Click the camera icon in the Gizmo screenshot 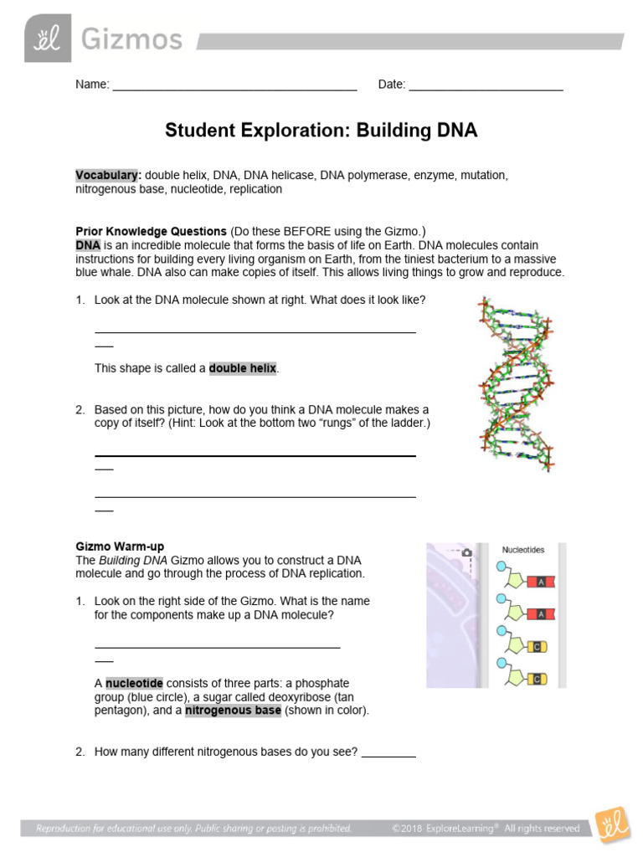[x=467, y=552]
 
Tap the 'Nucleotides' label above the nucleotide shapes [x=523, y=550]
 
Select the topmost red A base [x=541, y=582]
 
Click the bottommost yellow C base [x=539, y=678]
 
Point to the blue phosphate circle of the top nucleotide [x=501, y=567]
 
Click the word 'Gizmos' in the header [x=131, y=39]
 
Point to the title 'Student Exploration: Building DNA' [x=321, y=130]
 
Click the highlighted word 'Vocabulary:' [x=108, y=176]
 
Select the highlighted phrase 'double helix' [x=242, y=368]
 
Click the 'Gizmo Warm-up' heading [x=120, y=547]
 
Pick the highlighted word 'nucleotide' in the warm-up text [x=134, y=683]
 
